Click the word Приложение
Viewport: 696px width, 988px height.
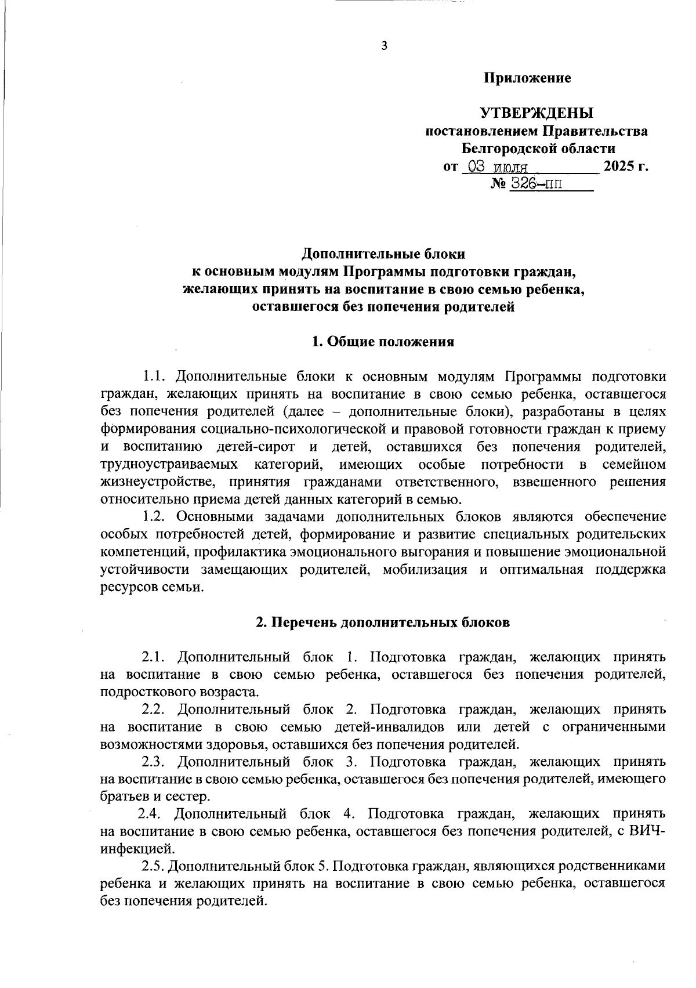point(528,78)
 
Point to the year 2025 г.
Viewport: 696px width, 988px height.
point(625,167)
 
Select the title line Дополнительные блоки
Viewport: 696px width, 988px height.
point(383,254)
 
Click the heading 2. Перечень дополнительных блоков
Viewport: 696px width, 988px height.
point(383,623)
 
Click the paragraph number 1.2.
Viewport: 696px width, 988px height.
point(155,516)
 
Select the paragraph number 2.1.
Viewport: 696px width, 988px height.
point(155,657)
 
